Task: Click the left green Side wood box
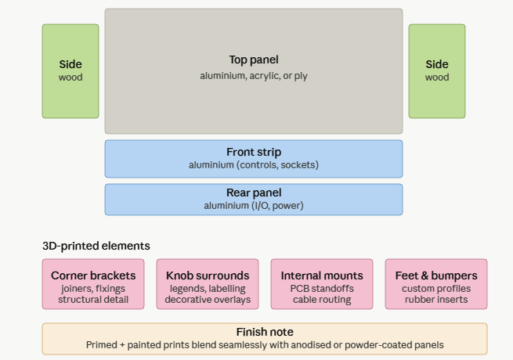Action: (x=70, y=70)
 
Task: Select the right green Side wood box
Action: (x=437, y=70)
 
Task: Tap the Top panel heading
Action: (x=254, y=59)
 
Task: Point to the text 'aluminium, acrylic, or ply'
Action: (x=254, y=76)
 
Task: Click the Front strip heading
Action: (x=254, y=152)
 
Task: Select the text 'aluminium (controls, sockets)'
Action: (x=254, y=165)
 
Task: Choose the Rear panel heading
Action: (x=254, y=193)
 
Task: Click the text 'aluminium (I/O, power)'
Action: (x=254, y=206)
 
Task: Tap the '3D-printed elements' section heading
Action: (x=96, y=246)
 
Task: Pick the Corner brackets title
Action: (x=93, y=275)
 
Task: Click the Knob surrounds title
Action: (x=208, y=275)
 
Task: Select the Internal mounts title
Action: (x=322, y=275)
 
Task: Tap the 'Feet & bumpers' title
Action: (x=436, y=275)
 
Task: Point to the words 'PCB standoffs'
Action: (x=322, y=289)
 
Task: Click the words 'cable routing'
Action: (x=322, y=300)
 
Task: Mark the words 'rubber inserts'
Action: (x=436, y=300)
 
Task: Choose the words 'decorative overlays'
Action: (x=208, y=300)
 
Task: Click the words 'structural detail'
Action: (x=93, y=300)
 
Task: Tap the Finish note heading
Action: (x=265, y=332)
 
